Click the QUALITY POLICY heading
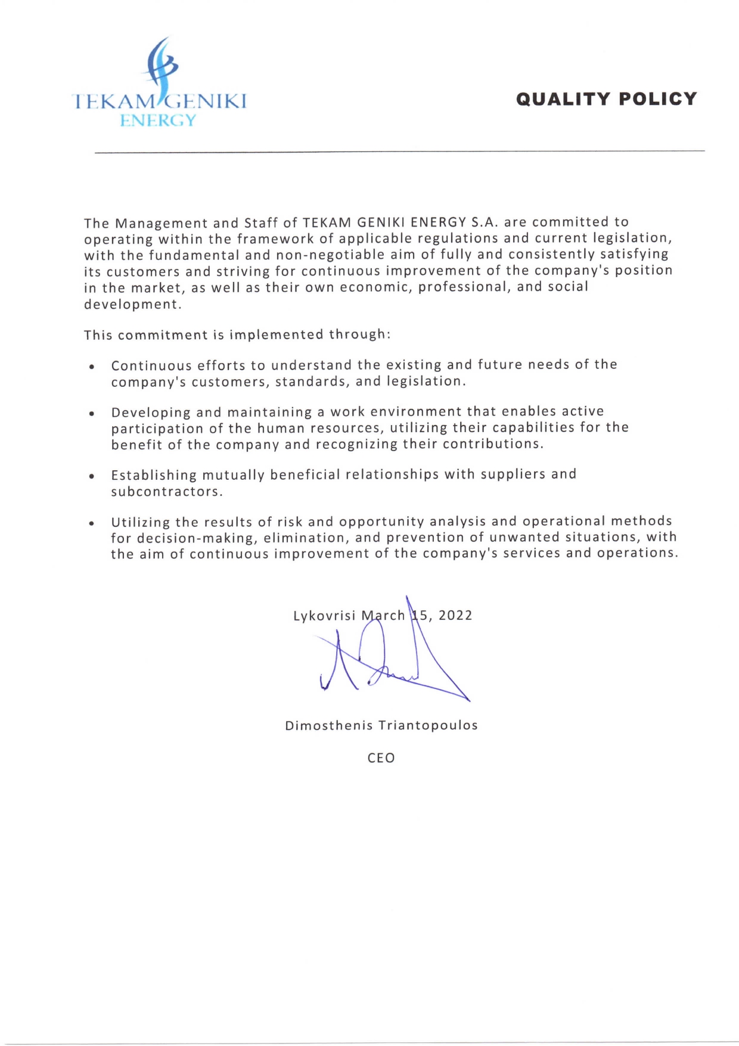point(606,99)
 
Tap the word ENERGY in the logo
point(158,120)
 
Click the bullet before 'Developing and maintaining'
point(92,413)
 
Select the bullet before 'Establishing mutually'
point(92,476)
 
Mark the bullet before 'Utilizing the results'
point(92,523)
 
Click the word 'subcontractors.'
point(167,492)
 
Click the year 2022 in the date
point(455,616)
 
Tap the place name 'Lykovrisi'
point(324,616)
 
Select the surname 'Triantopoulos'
point(428,726)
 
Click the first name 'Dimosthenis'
point(329,726)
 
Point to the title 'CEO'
point(381,758)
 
